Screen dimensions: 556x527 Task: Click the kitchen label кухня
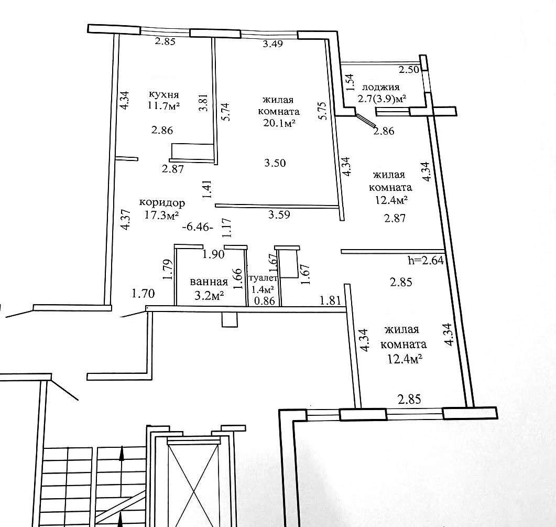(164, 95)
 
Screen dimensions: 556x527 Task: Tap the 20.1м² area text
(279, 123)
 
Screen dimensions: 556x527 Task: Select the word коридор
(162, 203)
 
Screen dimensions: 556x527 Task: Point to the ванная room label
(209, 282)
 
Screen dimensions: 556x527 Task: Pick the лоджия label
(380, 87)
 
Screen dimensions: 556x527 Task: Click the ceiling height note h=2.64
(426, 261)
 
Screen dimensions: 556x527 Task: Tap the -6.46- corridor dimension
(198, 227)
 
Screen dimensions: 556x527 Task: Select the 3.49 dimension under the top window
(272, 44)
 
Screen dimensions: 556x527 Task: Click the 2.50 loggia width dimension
(409, 69)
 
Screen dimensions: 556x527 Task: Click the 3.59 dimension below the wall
(279, 214)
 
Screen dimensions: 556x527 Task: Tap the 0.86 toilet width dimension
(265, 300)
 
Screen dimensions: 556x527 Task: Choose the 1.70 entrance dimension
(143, 294)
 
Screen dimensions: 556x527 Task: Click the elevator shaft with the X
(193, 482)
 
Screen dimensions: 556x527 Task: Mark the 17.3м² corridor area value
(161, 214)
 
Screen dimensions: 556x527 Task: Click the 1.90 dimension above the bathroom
(213, 254)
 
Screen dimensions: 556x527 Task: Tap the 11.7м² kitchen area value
(164, 106)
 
